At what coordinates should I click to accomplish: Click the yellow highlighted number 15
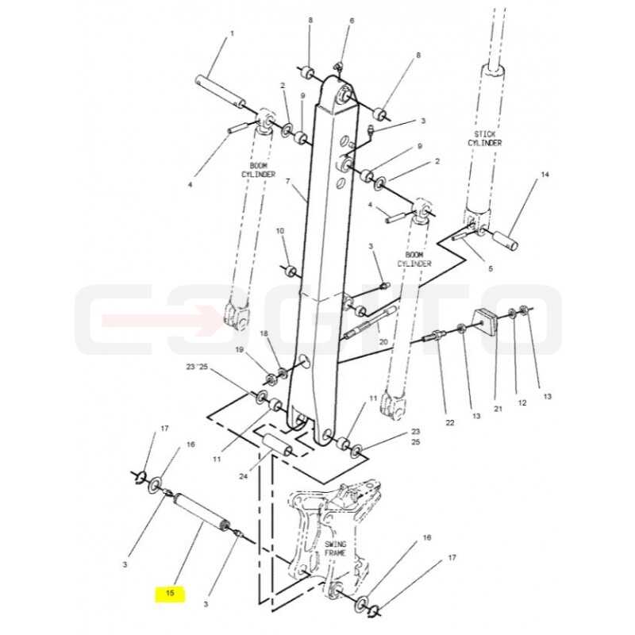(170, 593)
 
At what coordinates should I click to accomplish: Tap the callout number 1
(232, 33)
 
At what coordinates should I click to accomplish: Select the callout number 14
(545, 175)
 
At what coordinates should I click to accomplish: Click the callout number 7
(288, 181)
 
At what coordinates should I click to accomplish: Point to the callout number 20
(383, 342)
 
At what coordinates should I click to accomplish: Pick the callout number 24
(243, 477)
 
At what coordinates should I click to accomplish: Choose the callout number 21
(498, 409)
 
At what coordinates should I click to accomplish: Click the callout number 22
(450, 423)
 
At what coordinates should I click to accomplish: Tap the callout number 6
(352, 21)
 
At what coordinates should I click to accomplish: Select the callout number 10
(280, 231)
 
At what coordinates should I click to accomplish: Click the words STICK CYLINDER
(484, 138)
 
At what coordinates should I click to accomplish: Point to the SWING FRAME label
(335, 548)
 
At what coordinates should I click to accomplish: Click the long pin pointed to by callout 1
(221, 90)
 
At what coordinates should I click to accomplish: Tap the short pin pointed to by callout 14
(506, 240)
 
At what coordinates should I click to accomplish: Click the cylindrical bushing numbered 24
(278, 444)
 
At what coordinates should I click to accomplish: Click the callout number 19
(240, 349)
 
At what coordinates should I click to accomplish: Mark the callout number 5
(491, 268)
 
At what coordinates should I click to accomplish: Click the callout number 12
(522, 402)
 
